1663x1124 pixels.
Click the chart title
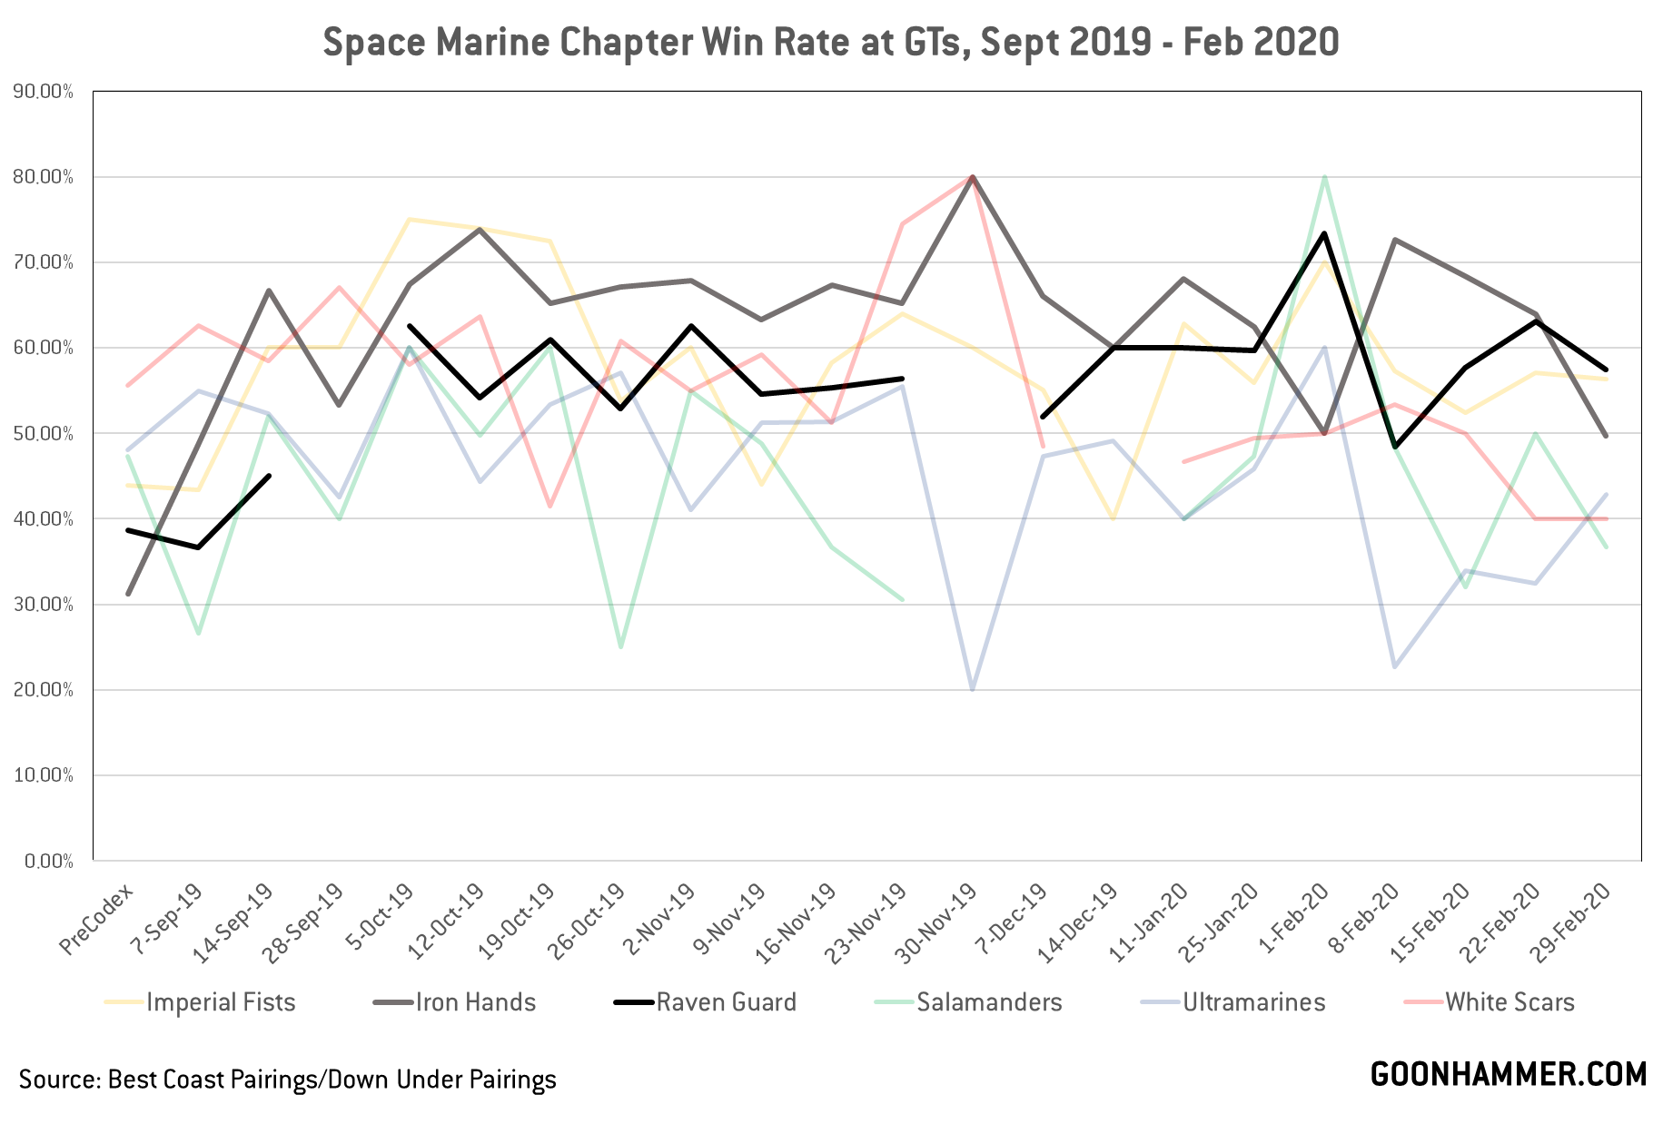click(x=830, y=43)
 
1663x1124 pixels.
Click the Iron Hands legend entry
click(x=475, y=1002)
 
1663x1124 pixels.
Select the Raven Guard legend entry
click(x=726, y=1002)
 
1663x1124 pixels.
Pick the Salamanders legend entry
click(x=988, y=1002)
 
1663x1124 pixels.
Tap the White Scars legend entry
click(x=1510, y=1002)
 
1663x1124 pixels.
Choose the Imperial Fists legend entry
click(x=221, y=1002)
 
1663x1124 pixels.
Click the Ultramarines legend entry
click(x=1253, y=1002)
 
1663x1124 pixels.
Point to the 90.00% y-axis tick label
click(x=44, y=92)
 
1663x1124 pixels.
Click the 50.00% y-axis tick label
click(x=44, y=434)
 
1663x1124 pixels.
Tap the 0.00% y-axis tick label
click(x=48, y=861)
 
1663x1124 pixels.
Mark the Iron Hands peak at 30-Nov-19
click(x=973, y=177)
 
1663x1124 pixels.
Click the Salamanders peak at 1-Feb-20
click(x=1324, y=177)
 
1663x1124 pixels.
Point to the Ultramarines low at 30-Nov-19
click(x=973, y=689)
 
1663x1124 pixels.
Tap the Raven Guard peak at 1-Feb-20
click(x=1324, y=233)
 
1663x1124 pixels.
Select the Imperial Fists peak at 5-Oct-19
click(x=410, y=220)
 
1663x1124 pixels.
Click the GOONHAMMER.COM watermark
click(x=1508, y=1074)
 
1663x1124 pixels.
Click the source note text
click(x=287, y=1080)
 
